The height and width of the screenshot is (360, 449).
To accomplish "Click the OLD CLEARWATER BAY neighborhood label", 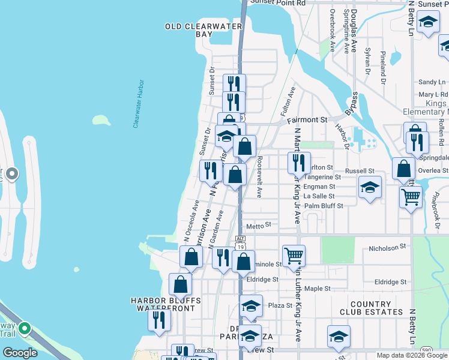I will pyautogui.click(x=188, y=30).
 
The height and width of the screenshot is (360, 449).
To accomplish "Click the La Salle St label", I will pyautogui.click(x=319, y=196).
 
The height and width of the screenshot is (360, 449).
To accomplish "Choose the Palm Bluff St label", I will pyautogui.click(x=324, y=206).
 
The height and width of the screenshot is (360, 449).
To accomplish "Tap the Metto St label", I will pyautogui.click(x=259, y=225).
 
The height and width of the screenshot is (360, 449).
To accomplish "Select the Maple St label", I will pyautogui.click(x=318, y=289).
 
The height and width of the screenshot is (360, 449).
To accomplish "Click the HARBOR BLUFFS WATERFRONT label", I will pyautogui.click(x=166, y=304).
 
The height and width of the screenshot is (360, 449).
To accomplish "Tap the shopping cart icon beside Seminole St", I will pyautogui.click(x=294, y=255).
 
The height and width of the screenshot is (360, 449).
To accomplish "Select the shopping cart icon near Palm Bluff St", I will pyautogui.click(x=411, y=196).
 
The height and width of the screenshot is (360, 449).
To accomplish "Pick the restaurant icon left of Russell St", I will pyautogui.click(x=297, y=162).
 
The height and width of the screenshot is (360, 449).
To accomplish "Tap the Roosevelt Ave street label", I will pyautogui.click(x=259, y=178).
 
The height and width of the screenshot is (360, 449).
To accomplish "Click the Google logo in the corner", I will pyautogui.click(x=20, y=353).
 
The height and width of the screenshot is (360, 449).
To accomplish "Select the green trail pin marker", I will pyautogui.click(x=25, y=328).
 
